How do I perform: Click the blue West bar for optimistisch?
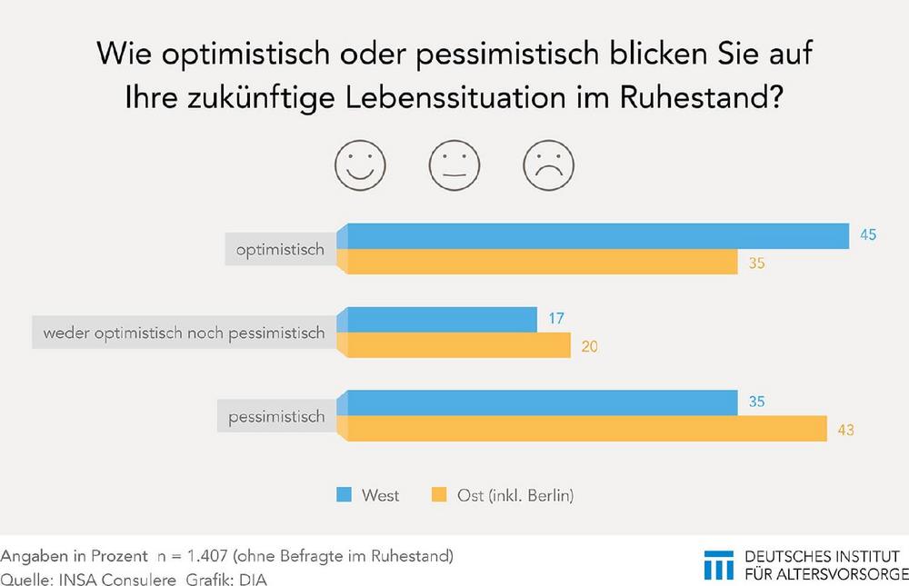point(595,235)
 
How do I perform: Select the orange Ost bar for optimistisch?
point(538,262)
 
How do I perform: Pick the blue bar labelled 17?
point(438,320)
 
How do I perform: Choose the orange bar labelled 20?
point(454,345)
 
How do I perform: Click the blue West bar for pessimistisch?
point(538,402)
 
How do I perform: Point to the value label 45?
point(868,235)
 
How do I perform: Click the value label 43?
point(845,429)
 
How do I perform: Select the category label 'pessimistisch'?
point(276,417)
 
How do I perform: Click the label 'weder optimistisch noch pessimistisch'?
point(179,333)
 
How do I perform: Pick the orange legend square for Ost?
point(438,495)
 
